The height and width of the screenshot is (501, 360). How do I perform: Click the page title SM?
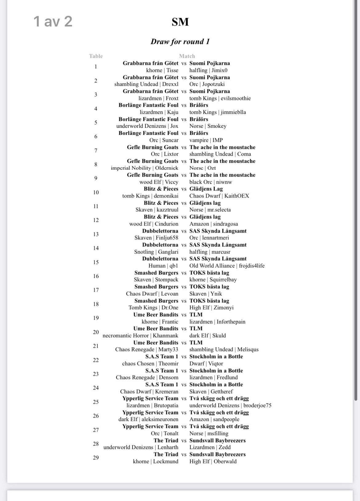pyautogui.click(x=180, y=22)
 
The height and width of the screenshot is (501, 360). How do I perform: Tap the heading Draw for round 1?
pyautogui.click(x=180, y=42)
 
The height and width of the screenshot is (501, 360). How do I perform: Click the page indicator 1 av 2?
pyautogui.click(x=53, y=21)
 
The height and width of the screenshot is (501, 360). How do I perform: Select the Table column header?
pyautogui.click(x=96, y=56)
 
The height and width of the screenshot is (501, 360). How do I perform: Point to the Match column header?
pyautogui.click(x=187, y=56)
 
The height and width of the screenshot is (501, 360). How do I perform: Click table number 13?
pyautogui.click(x=96, y=234)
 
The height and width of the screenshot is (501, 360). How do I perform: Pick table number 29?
pyautogui.click(x=96, y=458)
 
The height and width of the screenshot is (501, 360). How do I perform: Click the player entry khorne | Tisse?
pyautogui.click(x=162, y=70)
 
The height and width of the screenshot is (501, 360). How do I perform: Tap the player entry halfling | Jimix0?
pyautogui.click(x=208, y=70)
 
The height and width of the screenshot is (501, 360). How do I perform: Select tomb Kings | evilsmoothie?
pyautogui.click(x=220, y=98)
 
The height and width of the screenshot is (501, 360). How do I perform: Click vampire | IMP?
pyautogui.click(x=206, y=140)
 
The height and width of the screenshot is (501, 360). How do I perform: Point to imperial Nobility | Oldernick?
pyautogui.click(x=145, y=168)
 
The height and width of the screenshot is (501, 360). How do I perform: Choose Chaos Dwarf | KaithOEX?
pyautogui.click(x=219, y=196)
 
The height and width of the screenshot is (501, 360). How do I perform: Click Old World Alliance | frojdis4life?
pyautogui.click(x=227, y=266)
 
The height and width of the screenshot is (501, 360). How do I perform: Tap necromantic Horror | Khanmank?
pyautogui.click(x=140, y=335)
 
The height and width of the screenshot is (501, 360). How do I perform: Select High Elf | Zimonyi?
pyautogui.click(x=211, y=307)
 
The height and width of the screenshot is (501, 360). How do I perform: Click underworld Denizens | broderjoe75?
pyautogui.click(x=230, y=405)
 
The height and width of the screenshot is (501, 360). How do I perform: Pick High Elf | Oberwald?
pyautogui.click(x=213, y=461)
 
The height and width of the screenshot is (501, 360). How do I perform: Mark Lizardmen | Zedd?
pyautogui.click(x=210, y=447)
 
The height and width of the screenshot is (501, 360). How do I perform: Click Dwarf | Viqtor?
pyautogui.click(x=206, y=363)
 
